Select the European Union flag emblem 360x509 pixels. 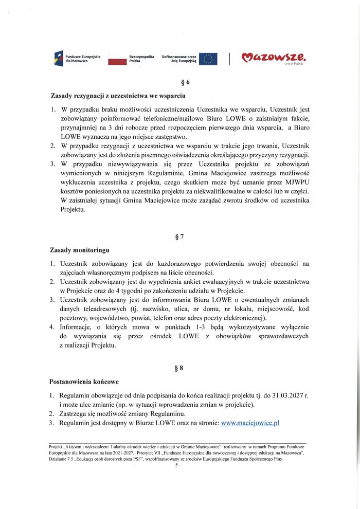(208, 59)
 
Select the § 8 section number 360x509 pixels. (179, 368)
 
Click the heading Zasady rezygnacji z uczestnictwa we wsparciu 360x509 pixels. (114, 96)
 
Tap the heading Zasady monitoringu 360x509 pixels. (80, 250)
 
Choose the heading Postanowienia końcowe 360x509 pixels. (84, 382)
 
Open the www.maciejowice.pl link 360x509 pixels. (249, 422)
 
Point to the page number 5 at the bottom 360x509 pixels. (176, 465)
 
